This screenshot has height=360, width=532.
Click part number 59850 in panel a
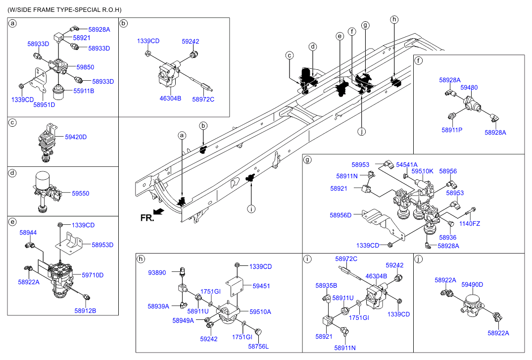coord(85,67)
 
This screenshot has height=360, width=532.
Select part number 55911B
coord(84,91)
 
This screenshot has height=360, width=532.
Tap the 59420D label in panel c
coord(76,137)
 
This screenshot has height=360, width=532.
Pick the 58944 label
coord(28,232)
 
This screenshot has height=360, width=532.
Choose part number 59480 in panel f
coord(469,87)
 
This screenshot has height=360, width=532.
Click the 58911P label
coord(452,130)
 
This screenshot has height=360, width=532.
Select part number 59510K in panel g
coord(422,171)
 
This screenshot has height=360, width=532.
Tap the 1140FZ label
coord(469,224)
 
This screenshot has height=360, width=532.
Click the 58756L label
coord(258,346)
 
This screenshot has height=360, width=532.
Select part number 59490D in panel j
coord(472,285)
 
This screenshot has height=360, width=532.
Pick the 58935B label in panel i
coord(326,286)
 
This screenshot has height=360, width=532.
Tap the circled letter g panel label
coord(307,159)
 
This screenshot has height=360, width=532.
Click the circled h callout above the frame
coord(394,20)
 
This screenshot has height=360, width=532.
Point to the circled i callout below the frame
coord(251,209)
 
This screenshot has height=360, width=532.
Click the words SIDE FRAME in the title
coord(40,10)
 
